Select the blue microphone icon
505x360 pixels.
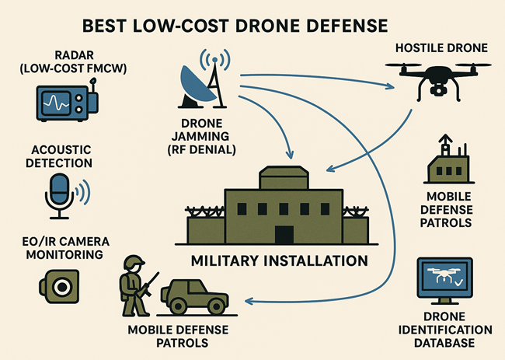(59, 193)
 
